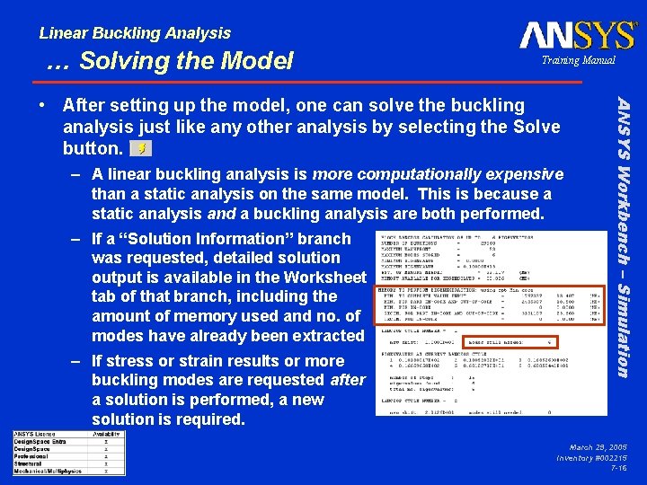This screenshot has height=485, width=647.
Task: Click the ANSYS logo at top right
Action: click(x=577, y=35)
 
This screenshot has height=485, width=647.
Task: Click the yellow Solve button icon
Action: click(x=140, y=147)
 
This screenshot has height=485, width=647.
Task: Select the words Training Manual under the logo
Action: click(x=578, y=60)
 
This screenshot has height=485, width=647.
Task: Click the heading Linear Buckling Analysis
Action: click(x=135, y=33)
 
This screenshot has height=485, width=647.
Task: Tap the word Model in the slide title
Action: click(x=261, y=61)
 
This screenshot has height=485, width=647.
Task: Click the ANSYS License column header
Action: click(x=37, y=435)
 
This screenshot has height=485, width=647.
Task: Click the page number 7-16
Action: click(x=618, y=468)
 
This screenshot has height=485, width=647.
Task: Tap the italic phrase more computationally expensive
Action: click(x=438, y=174)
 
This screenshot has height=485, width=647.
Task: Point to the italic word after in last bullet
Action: click(x=347, y=380)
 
